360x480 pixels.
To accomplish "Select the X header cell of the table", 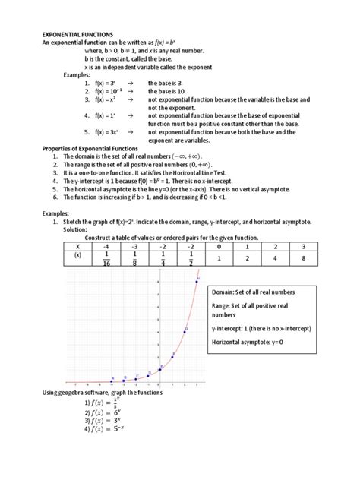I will click(77, 246).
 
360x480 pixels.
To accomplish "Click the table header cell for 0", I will click(218, 246).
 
